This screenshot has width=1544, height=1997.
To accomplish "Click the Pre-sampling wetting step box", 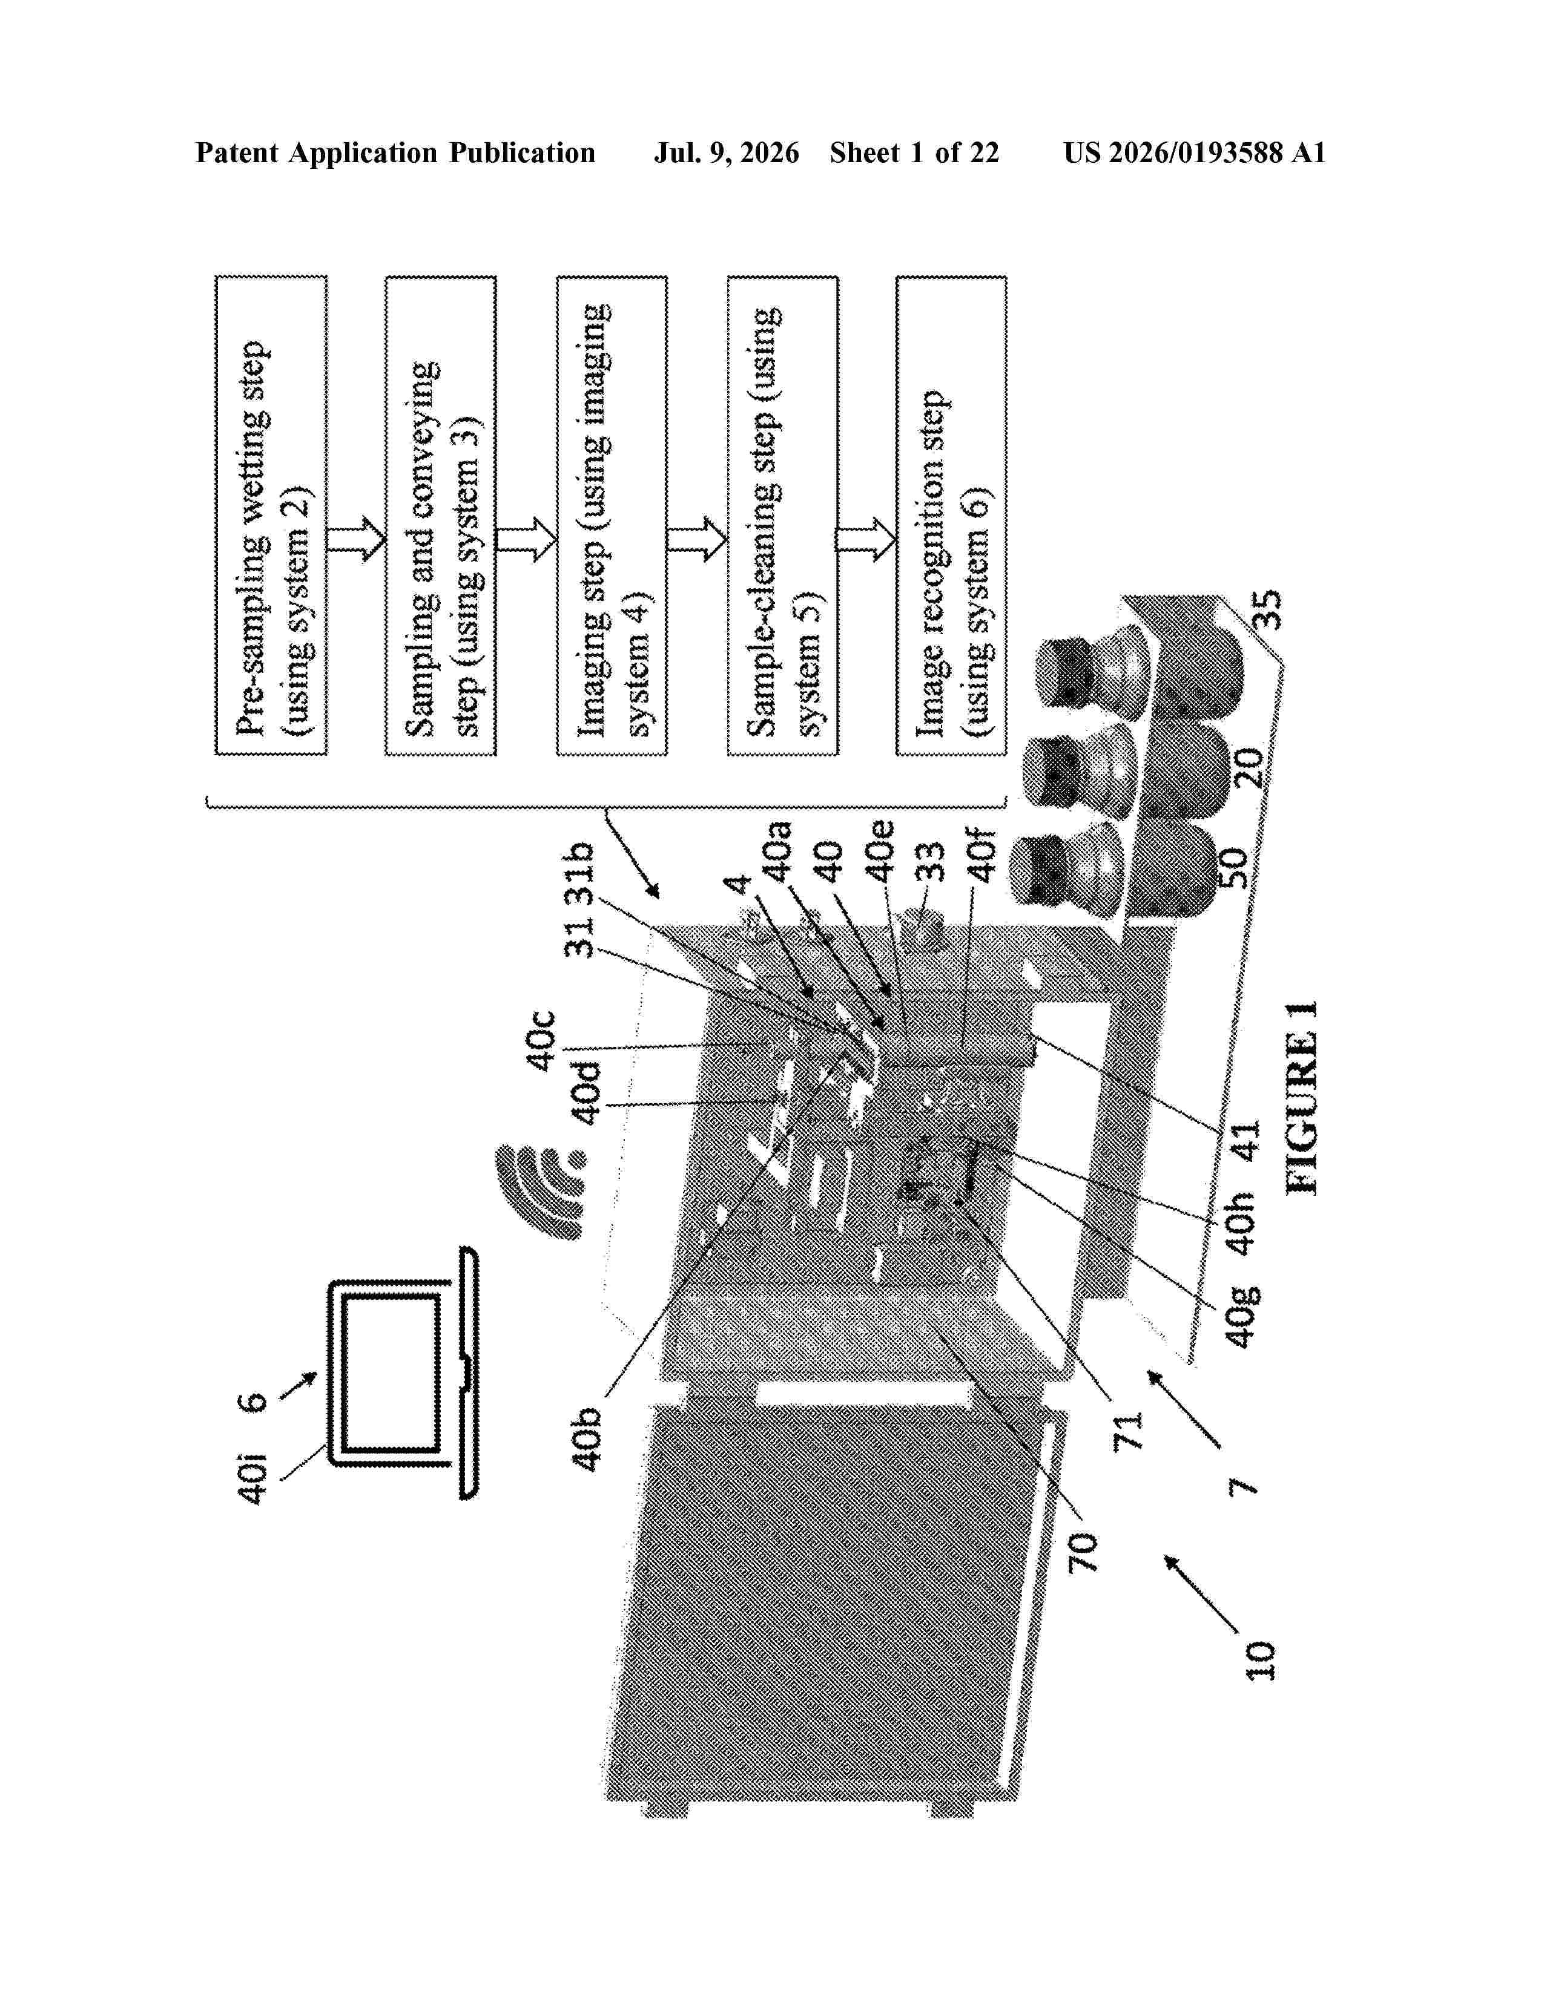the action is pyautogui.click(x=271, y=516).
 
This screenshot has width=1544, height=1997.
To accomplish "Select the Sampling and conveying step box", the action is pyautogui.click(x=440, y=516).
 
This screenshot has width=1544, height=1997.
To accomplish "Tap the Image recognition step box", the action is pyautogui.click(x=951, y=516).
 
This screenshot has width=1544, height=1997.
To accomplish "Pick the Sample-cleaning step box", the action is pyautogui.click(x=782, y=516).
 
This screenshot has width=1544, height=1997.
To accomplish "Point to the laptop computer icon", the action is pyautogui.click(x=403, y=1371).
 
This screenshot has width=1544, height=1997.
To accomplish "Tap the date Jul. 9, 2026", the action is pyautogui.click(x=726, y=152).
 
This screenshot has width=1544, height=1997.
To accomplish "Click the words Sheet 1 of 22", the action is pyautogui.click(x=915, y=152).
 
